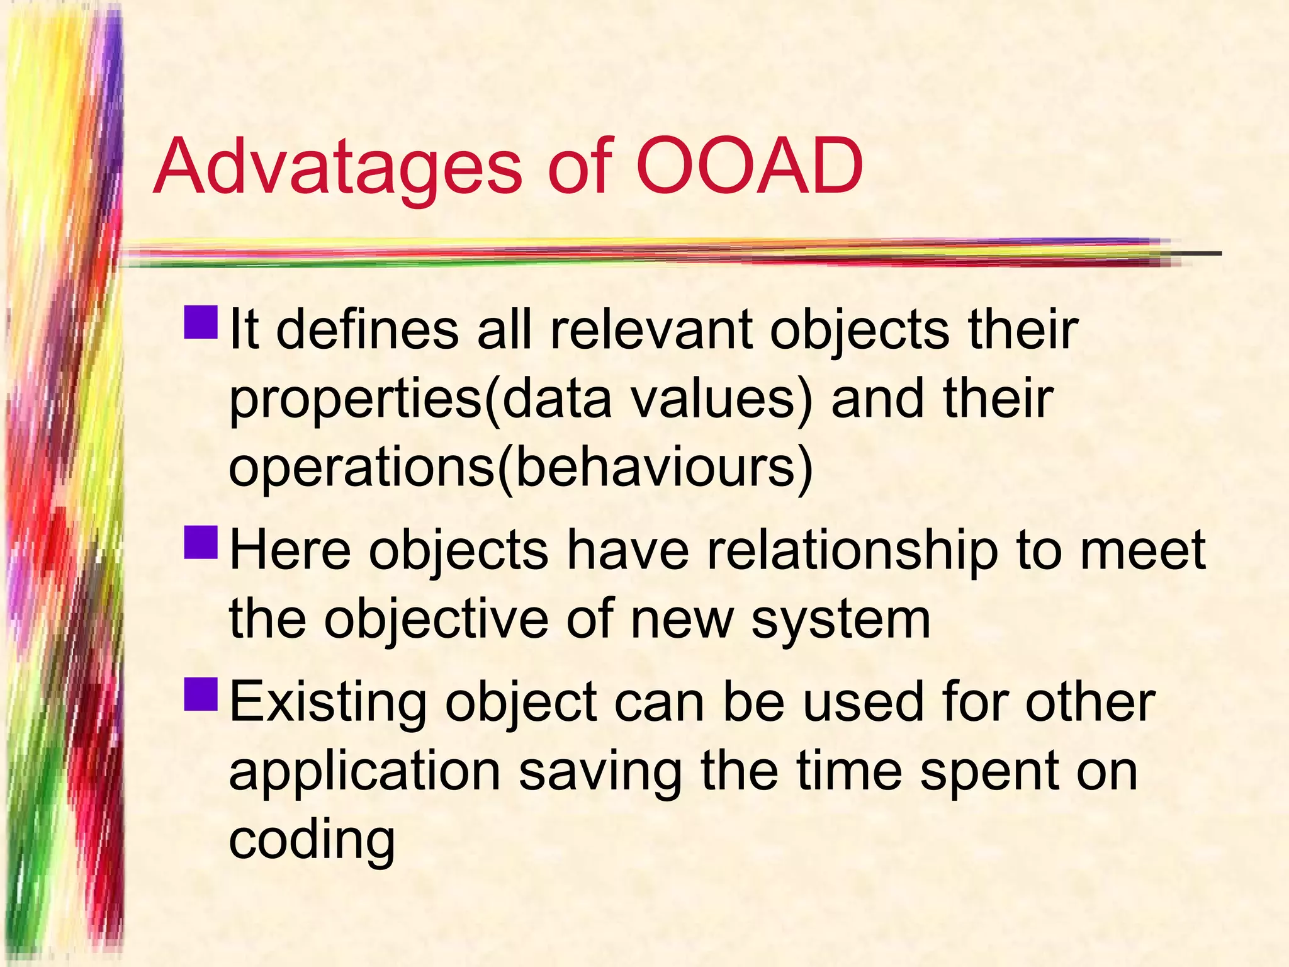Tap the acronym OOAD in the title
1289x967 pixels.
749,167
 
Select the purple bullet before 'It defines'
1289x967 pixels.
201,322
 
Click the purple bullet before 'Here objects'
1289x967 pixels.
201,543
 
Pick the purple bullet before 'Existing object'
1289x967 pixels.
201,694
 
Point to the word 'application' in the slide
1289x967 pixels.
364,773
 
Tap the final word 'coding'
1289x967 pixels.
312,842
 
